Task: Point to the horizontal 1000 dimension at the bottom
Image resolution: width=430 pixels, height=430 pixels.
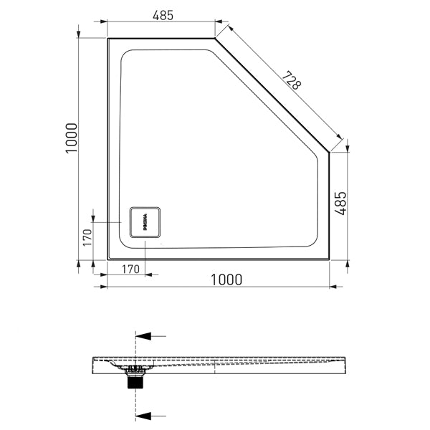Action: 225,279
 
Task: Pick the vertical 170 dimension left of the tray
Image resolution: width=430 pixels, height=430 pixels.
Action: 87,237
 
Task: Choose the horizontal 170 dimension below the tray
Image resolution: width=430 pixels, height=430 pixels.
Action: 129,270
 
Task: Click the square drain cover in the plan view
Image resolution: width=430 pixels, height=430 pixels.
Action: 146,223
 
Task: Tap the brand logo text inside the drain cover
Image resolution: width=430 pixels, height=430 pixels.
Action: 144,223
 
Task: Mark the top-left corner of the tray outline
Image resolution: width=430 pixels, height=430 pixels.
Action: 108,39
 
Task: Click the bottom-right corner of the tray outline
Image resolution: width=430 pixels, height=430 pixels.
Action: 329,259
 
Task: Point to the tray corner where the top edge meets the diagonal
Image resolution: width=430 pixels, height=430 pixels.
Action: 216,39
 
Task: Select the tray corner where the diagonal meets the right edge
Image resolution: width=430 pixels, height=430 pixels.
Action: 329,152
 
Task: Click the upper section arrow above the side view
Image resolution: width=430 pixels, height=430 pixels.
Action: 150,335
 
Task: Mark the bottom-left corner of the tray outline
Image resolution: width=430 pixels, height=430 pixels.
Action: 108,259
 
